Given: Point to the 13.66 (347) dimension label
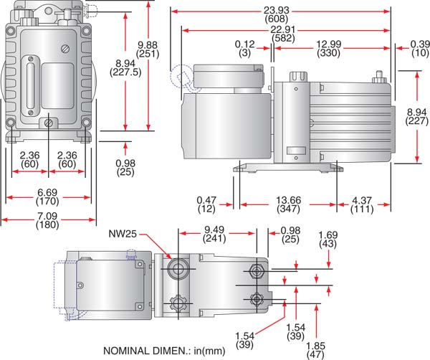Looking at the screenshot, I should click(x=285, y=204).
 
